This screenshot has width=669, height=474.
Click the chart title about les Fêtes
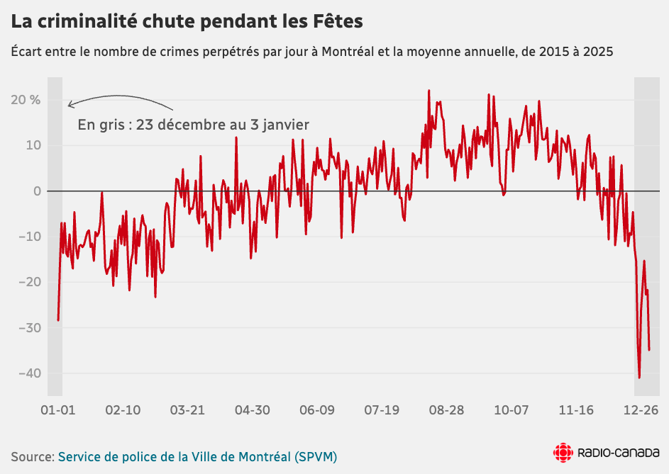pos(187,22)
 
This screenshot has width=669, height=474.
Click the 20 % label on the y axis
pos(25,100)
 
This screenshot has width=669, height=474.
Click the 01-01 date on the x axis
pos(57,410)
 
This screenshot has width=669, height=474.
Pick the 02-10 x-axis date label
pos(123,410)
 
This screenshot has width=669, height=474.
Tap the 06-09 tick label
pos(317,410)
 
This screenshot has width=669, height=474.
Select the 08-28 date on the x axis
pos(447,410)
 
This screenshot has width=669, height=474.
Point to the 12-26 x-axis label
pos(641,410)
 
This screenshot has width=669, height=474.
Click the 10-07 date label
pos(512,410)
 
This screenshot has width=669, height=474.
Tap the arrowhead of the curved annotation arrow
pos(69,106)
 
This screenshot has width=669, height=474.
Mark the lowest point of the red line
pos(639,378)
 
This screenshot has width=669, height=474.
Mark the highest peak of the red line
pos(429,91)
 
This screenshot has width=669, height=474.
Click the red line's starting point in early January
pos(58,320)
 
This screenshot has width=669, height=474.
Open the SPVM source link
pos(197,456)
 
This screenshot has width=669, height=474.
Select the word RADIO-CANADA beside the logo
pos(619,453)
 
